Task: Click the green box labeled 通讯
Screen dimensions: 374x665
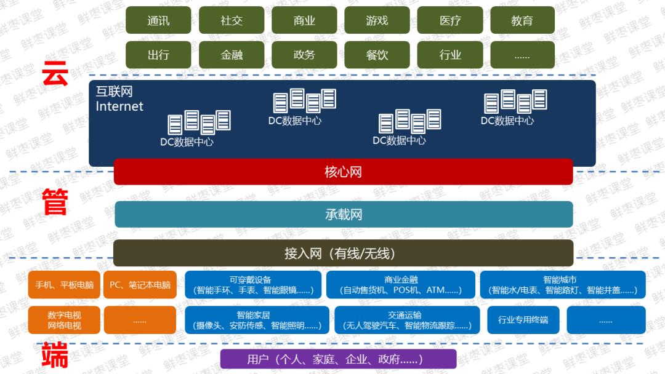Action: point(158,20)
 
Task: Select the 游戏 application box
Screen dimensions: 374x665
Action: point(377,20)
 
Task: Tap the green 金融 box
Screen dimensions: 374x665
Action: point(232,55)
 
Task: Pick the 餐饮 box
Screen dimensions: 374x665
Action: point(377,55)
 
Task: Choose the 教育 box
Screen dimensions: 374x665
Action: point(522,20)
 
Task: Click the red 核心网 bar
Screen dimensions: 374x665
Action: point(343,172)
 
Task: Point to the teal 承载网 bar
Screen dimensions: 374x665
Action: point(344,214)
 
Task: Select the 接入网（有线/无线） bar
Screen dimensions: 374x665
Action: point(343,253)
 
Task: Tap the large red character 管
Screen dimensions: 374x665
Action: point(55,202)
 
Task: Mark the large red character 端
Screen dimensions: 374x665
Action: point(55,356)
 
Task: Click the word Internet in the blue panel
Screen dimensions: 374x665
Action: point(119,106)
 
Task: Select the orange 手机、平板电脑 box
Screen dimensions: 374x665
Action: point(64,285)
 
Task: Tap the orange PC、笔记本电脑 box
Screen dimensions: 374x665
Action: point(140,285)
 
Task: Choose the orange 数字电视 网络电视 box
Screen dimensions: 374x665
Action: point(64,320)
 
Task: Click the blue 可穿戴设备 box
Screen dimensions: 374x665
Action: point(253,285)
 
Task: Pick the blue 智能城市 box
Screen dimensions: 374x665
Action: point(563,285)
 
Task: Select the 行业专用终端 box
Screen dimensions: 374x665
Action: point(523,320)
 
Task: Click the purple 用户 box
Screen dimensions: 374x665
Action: point(338,359)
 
